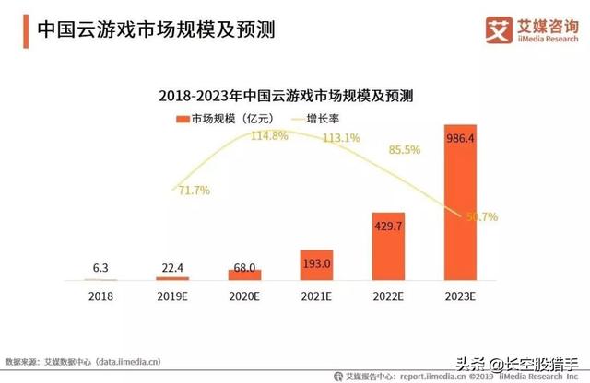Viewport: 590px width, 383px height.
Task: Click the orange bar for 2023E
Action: pos(460,203)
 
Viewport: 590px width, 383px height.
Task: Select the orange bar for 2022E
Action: pos(388,246)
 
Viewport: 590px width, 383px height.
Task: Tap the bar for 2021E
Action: pos(316,265)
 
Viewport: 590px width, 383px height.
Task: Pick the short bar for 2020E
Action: pos(244,274)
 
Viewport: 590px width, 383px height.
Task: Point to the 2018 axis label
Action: pos(100,296)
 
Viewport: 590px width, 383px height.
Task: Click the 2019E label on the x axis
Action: pos(172,296)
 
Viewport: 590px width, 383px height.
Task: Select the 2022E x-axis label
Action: pos(388,296)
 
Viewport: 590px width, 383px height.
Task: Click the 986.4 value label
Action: pos(460,138)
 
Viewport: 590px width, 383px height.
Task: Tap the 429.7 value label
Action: pos(388,226)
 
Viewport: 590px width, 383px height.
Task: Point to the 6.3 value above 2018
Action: pos(100,268)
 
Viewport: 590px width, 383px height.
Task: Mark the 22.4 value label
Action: pos(172,268)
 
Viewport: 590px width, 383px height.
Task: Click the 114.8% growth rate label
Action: pos(269,135)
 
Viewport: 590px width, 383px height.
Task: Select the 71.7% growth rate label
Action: pos(195,191)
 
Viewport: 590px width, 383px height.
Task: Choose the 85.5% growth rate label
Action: pos(405,150)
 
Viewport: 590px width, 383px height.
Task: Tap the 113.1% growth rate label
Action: pos(342,138)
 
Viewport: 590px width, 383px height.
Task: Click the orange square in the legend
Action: pos(183,119)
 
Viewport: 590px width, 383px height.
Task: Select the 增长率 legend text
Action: pos(323,119)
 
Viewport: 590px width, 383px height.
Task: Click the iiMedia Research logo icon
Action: pos(499,29)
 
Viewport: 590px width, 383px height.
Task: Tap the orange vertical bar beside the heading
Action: pos(26,31)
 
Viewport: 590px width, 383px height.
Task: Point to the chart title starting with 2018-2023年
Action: pos(286,96)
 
